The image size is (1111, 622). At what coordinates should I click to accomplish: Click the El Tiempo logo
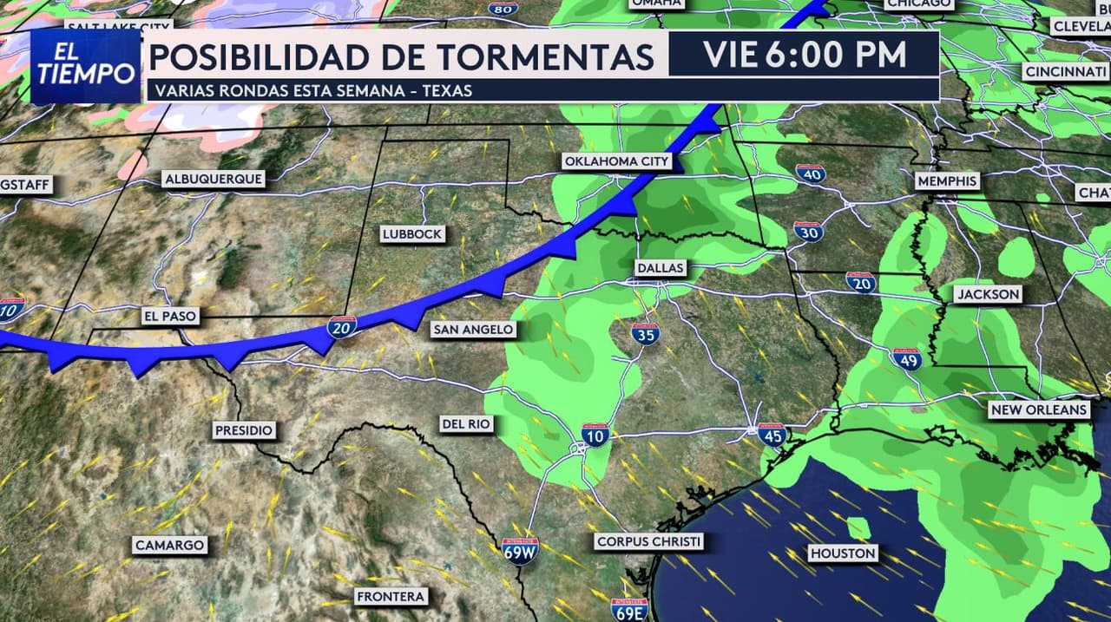click(x=86, y=66)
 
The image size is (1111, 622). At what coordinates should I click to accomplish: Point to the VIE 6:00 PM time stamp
click(x=805, y=55)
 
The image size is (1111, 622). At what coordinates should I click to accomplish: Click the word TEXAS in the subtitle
click(x=444, y=90)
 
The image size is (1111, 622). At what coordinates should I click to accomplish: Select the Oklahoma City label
click(x=617, y=161)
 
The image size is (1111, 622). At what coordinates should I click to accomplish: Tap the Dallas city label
click(x=660, y=268)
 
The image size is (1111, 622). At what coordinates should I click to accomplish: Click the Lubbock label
click(x=413, y=233)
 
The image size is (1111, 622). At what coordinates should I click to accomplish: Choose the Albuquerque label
click(x=213, y=179)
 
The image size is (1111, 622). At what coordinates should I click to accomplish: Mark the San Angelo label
click(x=473, y=329)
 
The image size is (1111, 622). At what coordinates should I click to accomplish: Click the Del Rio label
click(x=466, y=423)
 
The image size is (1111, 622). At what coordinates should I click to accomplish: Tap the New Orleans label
click(x=1038, y=409)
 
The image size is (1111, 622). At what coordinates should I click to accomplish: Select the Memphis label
click(x=947, y=181)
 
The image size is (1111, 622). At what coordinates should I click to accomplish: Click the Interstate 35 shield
click(x=645, y=334)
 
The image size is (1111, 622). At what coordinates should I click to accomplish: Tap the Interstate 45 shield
click(x=772, y=435)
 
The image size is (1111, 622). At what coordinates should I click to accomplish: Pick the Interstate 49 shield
click(x=906, y=359)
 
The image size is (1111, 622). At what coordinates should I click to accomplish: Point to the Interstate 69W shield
click(x=521, y=551)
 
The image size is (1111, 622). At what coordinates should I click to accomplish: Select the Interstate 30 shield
click(x=808, y=231)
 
